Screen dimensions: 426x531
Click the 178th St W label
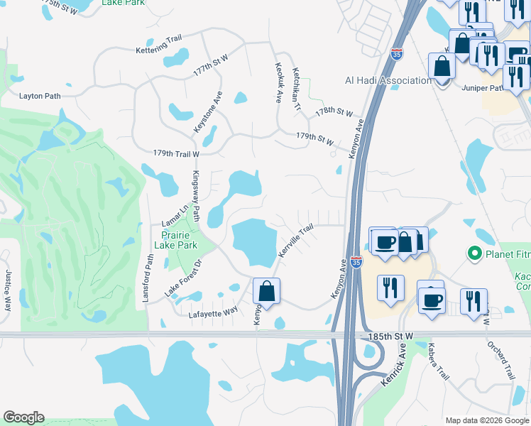point(334,112)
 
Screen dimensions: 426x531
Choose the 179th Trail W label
point(167,153)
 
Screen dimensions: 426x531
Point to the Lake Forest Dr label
point(184,278)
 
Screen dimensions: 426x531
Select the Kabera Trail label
point(439,361)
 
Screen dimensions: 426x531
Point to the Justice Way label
point(8,290)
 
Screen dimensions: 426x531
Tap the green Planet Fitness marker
point(473,253)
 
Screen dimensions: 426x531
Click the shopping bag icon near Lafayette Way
point(267,290)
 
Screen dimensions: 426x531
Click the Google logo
point(23,417)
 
